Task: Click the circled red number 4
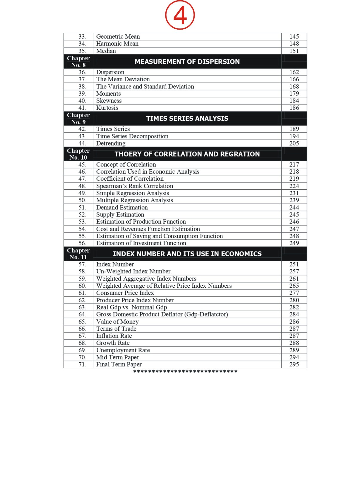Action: tap(180, 15)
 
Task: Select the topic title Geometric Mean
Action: tap(118, 36)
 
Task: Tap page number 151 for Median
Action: tap(294, 51)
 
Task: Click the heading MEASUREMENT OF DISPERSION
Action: tap(187, 62)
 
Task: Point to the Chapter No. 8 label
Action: tap(78, 62)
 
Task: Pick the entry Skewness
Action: tap(109, 101)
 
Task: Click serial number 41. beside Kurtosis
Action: tap(82, 108)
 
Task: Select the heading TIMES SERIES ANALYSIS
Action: tap(187, 118)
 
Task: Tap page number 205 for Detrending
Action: tap(294, 143)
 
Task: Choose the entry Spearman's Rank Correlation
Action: tap(135, 186)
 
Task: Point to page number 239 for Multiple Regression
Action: tap(294, 200)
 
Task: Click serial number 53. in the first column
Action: tap(82, 222)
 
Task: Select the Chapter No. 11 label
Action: tap(78, 254)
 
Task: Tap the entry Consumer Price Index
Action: tap(125, 293)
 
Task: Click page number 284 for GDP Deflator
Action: tap(294, 314)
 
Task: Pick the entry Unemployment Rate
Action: tap(123, 350)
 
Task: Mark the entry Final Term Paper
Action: tap(119, 364)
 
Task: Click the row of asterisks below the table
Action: tap(185, 372)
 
